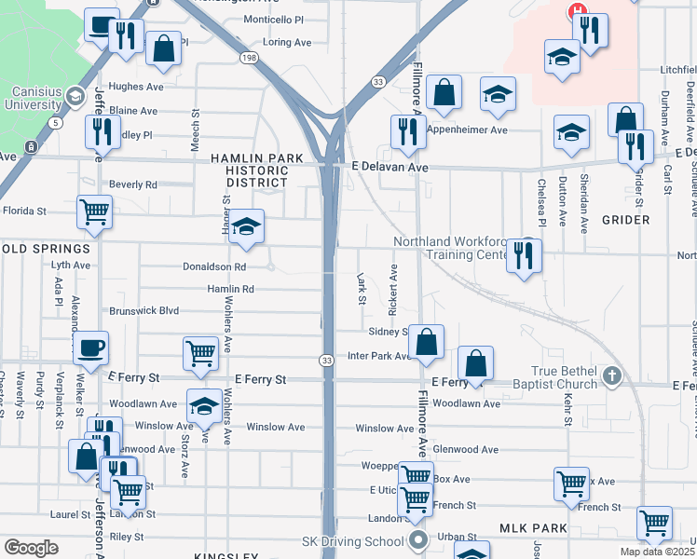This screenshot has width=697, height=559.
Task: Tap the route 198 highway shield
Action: tap(249, 57)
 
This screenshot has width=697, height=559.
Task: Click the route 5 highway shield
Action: tap(57, 122)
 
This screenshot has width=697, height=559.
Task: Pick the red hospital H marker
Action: tap(578, 11)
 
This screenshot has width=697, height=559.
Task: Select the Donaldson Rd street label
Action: tap(214, 266)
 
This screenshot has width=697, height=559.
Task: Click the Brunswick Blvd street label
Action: tap(143, 311)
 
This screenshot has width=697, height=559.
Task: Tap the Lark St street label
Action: tap(361, 287)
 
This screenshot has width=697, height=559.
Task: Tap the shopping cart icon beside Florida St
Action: tap(94, 211)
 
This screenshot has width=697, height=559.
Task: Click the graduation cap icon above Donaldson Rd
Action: tap(246, 226)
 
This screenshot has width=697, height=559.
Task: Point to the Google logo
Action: tap(32, 548)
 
